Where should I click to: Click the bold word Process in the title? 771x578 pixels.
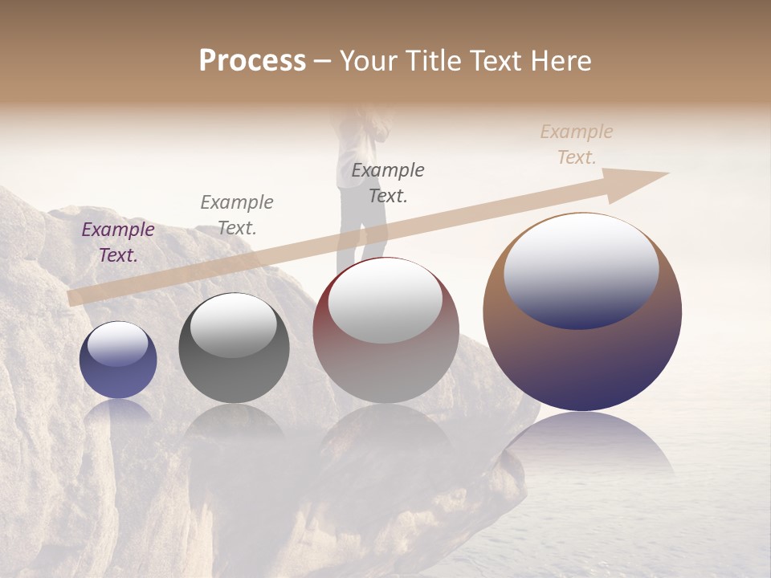point(252,61)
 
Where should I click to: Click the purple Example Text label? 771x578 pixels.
point(118,242)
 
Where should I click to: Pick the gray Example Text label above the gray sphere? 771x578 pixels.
point(237,215)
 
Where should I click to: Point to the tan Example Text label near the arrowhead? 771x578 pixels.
point(577,144)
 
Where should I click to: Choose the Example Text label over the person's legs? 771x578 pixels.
point(388,182)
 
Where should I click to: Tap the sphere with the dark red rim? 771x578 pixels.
point(385,353)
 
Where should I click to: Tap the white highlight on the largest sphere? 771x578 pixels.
point(581,269)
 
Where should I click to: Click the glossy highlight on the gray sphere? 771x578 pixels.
point(234,324)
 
